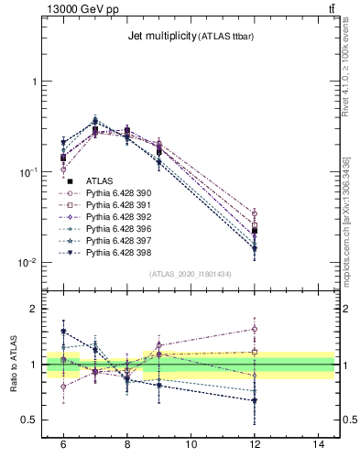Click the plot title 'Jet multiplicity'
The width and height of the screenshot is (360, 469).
tap(160, 35)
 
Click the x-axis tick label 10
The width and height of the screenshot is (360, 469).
tap(191, 444)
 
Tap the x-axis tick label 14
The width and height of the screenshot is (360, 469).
tap(319, 444)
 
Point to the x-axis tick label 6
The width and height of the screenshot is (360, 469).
tap(63, 444)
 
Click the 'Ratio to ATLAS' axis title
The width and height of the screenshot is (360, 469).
tap(13, 365)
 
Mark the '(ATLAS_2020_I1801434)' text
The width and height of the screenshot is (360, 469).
tap(191, 274)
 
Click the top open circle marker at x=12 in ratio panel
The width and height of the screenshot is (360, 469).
tap(255, 329)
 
